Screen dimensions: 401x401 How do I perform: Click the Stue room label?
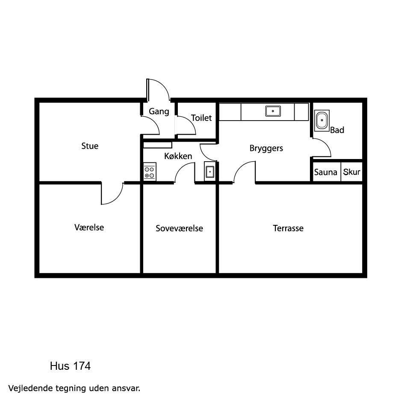(x=90, y=146)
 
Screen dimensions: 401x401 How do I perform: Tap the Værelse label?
(x=89, y=227)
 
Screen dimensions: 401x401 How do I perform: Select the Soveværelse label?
(x=179, y=228)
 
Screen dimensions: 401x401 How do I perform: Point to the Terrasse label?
(x=288, y=228)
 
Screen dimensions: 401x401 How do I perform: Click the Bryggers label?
(x=266, y=149)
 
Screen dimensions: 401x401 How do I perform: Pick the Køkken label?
(x=178, y=156)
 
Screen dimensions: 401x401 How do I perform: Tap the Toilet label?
(x=201, y=118)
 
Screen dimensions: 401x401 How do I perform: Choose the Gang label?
(x=159, y=112)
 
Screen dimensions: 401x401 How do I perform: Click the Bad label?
(x=337, y=130)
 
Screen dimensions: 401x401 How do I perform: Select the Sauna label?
(x=326, y=172)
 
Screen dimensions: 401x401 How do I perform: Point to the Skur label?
(x=352, y=172)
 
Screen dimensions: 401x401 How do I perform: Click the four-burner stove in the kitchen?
(x=150, y=171)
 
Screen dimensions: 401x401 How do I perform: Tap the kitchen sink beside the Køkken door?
(x=210, y=171)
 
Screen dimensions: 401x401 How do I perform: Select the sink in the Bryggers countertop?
(x=273, y=111)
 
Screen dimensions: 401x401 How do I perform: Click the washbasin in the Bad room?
(x=321, y=121)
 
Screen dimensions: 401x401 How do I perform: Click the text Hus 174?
(x=71, y=366)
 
